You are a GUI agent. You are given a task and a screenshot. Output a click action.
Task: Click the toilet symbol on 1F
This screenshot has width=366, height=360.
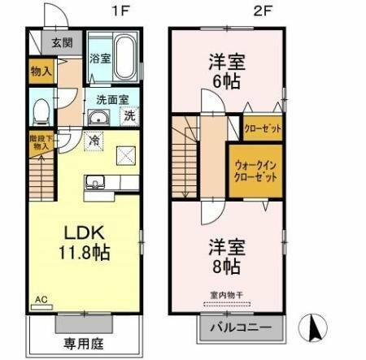pos(41,109)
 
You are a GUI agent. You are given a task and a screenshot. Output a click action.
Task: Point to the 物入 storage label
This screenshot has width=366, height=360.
pos(41,71)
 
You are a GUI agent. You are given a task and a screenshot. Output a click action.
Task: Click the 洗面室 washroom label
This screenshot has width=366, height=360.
pos(113,100)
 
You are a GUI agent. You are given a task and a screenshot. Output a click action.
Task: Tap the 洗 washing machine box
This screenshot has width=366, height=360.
pos(129,116)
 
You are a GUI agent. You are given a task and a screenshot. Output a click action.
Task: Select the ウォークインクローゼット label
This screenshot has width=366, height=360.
pos(255,171)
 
